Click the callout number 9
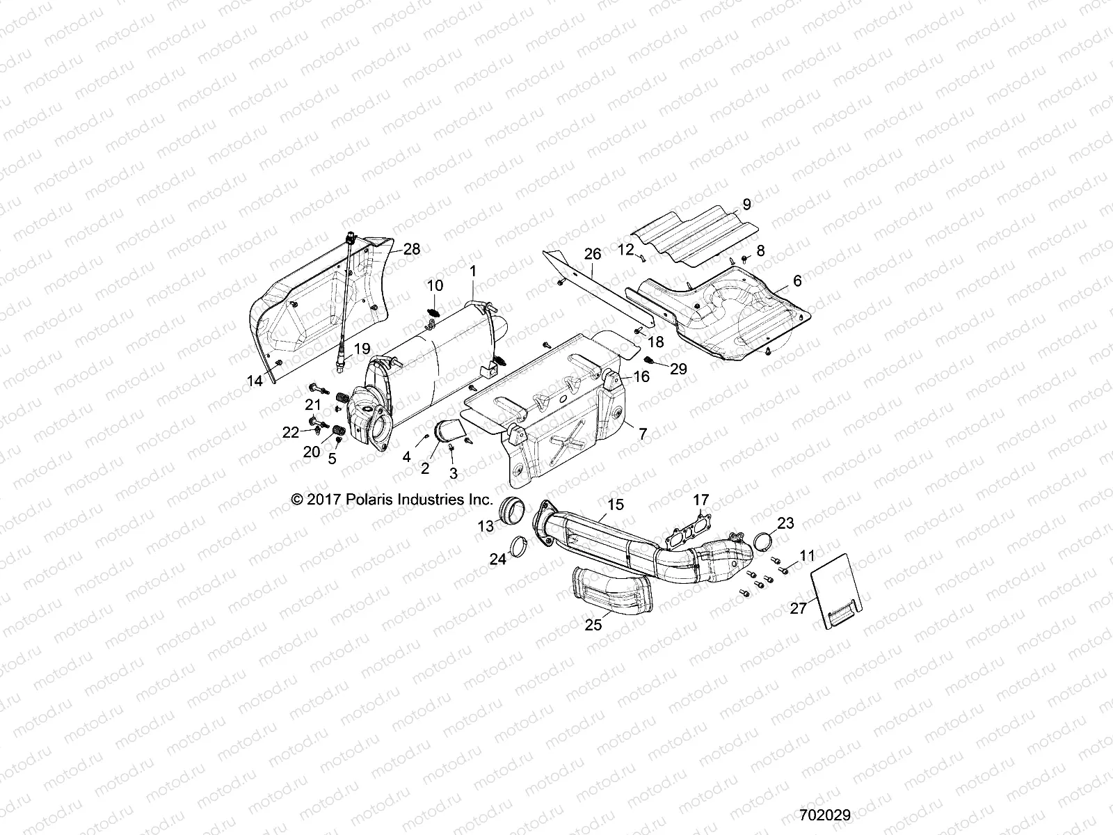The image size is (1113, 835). point(746,205)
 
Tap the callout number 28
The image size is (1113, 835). point(412,249)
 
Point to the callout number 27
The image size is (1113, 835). point(798,608)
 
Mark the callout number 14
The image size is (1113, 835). point(254,381)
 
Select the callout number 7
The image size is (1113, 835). point(643,434)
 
